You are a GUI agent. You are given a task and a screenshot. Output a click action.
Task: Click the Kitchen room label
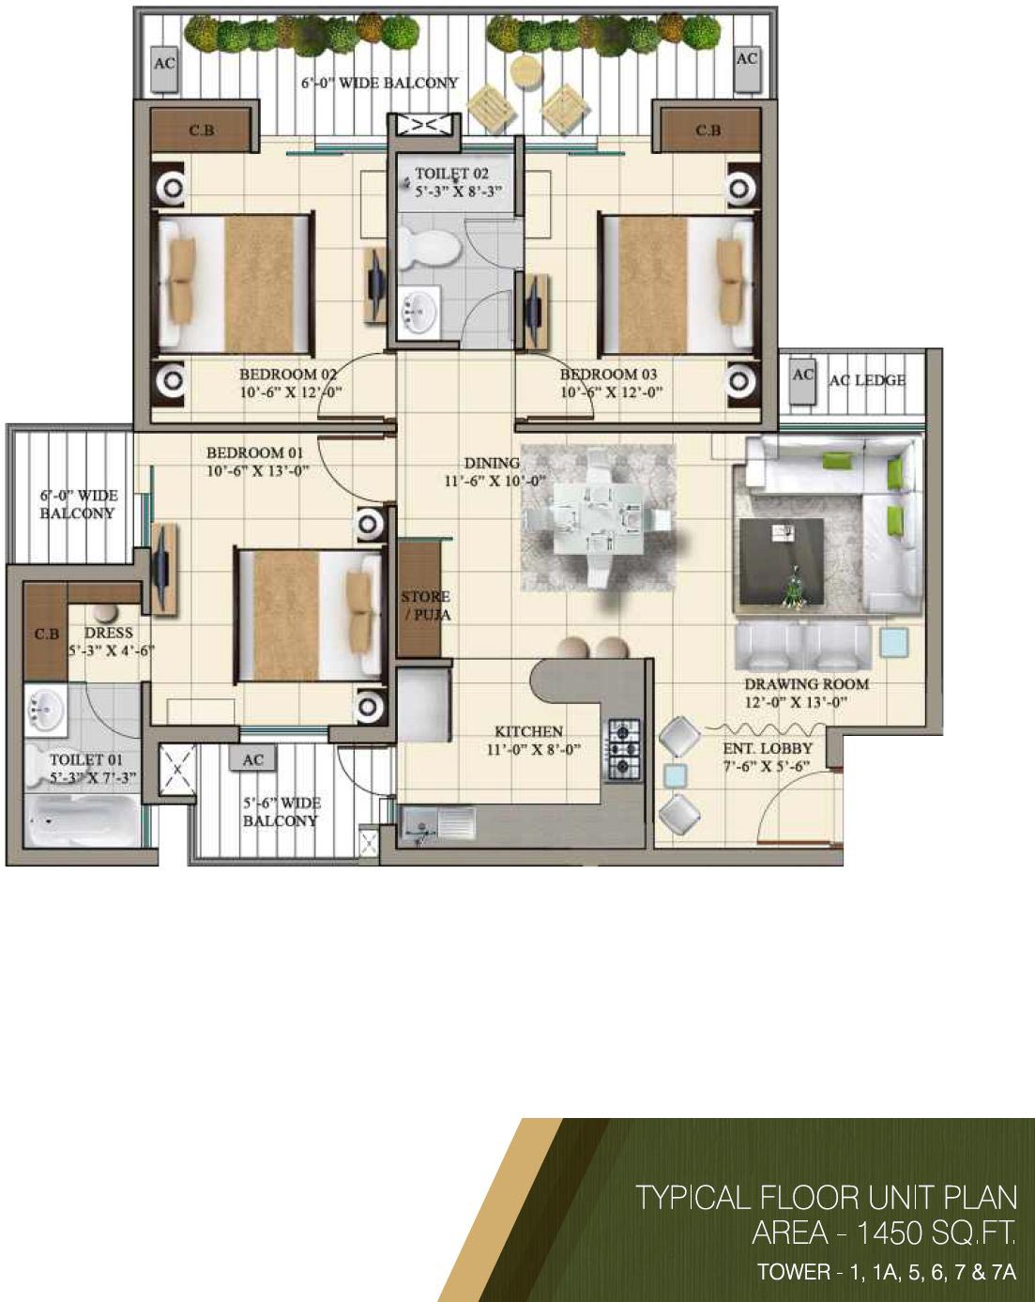(528, 731)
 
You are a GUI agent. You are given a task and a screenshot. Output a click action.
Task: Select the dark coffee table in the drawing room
(781, 561)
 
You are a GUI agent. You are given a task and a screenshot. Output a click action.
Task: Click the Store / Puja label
(426, 605)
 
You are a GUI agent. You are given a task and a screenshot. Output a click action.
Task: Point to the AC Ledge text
(867, 380)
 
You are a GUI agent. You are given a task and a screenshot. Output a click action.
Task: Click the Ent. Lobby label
(767, 748)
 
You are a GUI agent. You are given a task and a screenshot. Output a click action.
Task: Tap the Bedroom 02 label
(287, 374)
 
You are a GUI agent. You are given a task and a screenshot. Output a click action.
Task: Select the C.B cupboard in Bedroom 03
(707, 130)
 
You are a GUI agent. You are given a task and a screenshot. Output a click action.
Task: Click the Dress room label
(108, 633)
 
